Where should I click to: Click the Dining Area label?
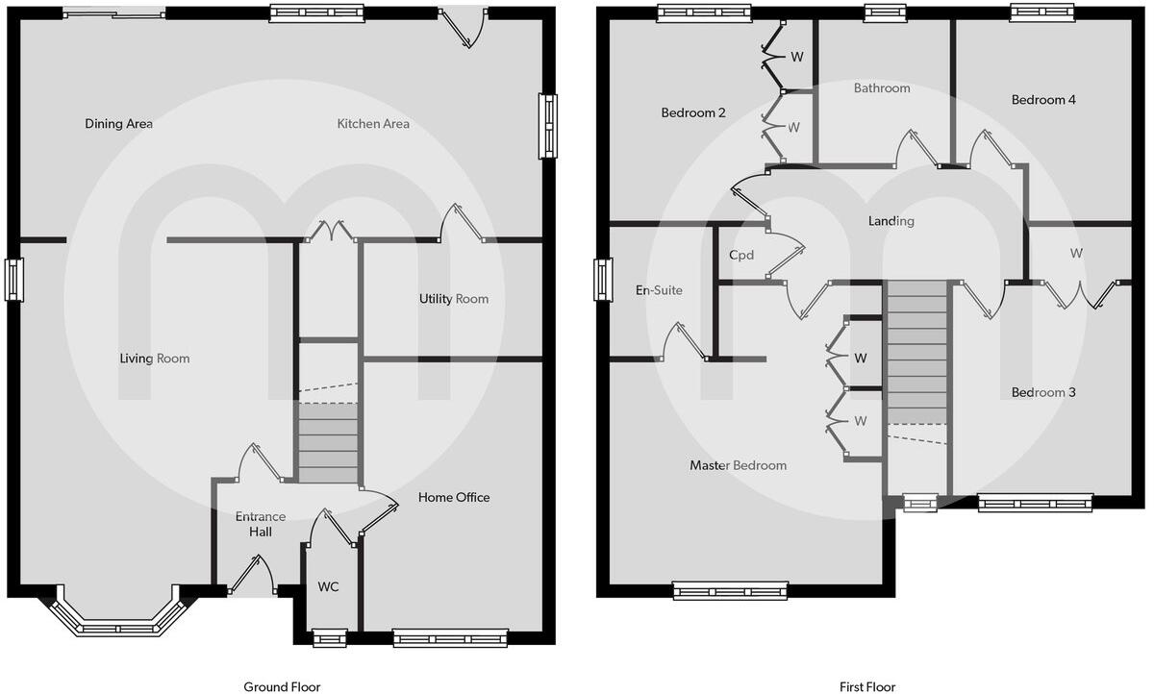tap(118, 124)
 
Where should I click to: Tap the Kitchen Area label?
tap(373, 124)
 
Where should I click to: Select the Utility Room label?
tap(453, 299)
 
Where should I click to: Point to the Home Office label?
tap(453, 497)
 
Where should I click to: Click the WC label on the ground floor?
tap(328, 586)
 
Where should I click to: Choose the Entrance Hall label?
tap(261, 524)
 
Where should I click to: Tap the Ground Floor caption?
tap(282, 686)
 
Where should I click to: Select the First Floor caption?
tap(867, 686)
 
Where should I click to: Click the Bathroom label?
tap(882, 88)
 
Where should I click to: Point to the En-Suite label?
tap(659, 289)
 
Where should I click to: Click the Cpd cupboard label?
tap(740, 256)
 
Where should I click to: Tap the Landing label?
tap(891, 221)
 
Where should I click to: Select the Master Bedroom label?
tap(738, 465)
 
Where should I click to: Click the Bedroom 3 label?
tap(1043, 392)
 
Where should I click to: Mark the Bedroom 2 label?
tap(693, 112)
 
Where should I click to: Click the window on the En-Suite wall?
tap(603, 280)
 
